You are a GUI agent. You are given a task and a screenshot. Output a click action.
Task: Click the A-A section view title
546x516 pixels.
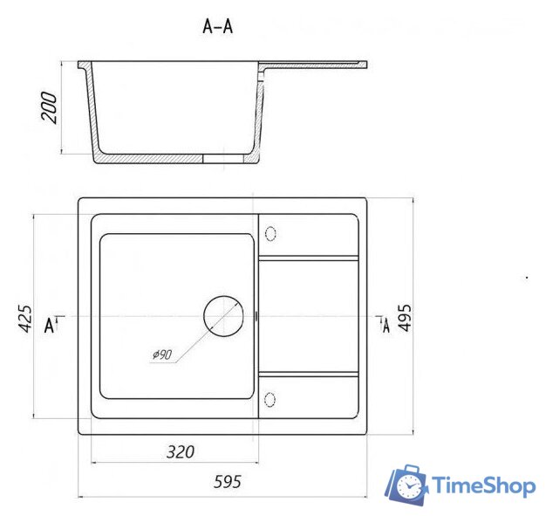tap(218, 26)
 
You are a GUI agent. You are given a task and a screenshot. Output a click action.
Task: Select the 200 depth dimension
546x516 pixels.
tap(49, 107)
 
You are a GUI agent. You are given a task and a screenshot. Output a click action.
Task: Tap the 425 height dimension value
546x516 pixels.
tap(24, 319)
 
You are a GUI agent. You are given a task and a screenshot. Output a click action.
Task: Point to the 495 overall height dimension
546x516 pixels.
tap(405, 317)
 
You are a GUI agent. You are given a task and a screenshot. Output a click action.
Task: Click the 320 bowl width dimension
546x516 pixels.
tap(180, 452)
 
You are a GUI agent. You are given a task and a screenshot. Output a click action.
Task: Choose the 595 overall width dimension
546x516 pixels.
tap(227, 482)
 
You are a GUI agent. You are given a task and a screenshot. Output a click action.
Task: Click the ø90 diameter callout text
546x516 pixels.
tap(162, 354)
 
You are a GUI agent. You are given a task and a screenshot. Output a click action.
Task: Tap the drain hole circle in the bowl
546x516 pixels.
tap(223, 316)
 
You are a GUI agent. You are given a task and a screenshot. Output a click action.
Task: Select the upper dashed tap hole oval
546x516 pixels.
tap(270, 234)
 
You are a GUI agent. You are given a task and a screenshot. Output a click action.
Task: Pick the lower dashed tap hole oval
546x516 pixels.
tap(270, 400)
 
